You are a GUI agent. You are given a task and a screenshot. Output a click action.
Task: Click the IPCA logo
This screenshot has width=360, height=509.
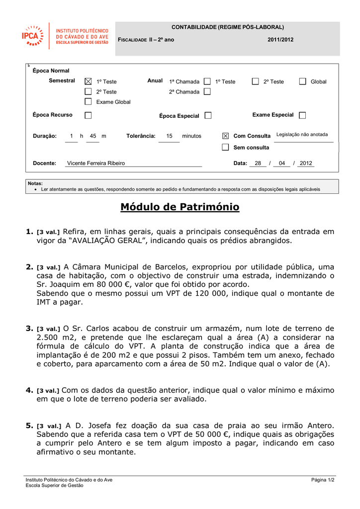pyautogui.click(x=33, y=36)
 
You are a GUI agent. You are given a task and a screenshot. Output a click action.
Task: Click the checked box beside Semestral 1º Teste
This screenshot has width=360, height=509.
pyautogui.click(x=88, y=82)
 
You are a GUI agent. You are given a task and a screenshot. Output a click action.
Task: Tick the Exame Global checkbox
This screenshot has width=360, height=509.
pyautogui.click(x=88, y=102)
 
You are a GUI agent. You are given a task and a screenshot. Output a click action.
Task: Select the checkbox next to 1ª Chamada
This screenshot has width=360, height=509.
pyautogui.click(x=207, y=82)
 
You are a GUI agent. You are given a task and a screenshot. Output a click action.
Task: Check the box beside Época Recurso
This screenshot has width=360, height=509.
pyautogui.click(x=88, y=115)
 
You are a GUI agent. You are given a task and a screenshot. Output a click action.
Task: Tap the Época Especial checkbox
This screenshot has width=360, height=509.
pyautogui.click(x=208, y=115)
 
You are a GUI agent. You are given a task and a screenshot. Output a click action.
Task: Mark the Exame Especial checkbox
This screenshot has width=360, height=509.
pyautogui.click(x=302, y=115)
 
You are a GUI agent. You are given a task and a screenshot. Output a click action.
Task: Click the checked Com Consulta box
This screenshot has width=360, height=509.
pyautogui.click(x=225, y=136)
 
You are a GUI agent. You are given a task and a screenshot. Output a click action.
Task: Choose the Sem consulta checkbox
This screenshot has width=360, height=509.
pyautogui.click(x=225, y=147)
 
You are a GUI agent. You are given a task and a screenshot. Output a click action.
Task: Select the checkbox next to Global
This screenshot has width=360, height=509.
pyautogui.click(x=302, y=82)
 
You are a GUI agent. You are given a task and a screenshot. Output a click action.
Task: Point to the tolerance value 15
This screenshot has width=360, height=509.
pyautogui.click(x=169, y=136)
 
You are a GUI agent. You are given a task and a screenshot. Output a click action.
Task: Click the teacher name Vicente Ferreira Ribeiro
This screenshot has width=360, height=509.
pyautogui.click(x=96, y=163)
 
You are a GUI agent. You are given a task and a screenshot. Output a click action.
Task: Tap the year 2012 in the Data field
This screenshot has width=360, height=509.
pyautogui.click(x=306, y=163)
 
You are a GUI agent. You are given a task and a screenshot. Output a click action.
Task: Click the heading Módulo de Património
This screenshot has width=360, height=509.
pyautogui.click(x=180, y=207)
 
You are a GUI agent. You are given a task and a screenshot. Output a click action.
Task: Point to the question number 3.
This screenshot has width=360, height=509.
pyautogui.click(x=29, y=328)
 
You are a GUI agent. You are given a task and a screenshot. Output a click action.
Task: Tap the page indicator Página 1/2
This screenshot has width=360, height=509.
pyautogui.click(x=323, y=480)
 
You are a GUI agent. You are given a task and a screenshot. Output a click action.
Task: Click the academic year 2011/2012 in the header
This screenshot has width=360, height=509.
pyautogui.click(x=280, y=40)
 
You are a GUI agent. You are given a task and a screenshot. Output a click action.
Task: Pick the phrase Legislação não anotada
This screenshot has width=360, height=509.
pyautogui.click(x=302, y=135)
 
